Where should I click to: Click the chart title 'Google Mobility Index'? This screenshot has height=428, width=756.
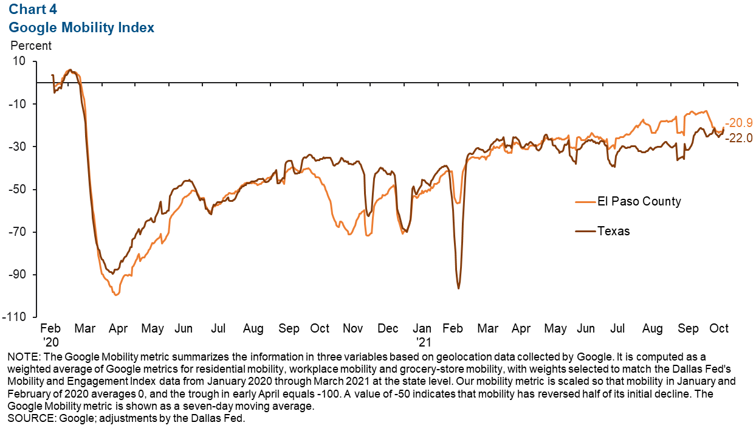(x=81, y=27)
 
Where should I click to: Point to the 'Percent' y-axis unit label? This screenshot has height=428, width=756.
(x=31, y=46)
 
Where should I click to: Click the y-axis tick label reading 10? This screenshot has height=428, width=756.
(x=19, y=61)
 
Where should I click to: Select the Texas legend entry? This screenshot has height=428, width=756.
(x=613, y=231)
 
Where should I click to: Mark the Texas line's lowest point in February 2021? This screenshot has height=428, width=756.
(x=458, y=288)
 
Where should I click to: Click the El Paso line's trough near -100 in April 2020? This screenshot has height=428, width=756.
(x=116, y=295)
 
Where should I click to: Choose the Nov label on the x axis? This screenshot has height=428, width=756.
(x=352, y=329)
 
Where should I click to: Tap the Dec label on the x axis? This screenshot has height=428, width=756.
(x=387, y=329)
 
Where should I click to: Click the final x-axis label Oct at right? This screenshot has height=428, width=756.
(x=719, y=329)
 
